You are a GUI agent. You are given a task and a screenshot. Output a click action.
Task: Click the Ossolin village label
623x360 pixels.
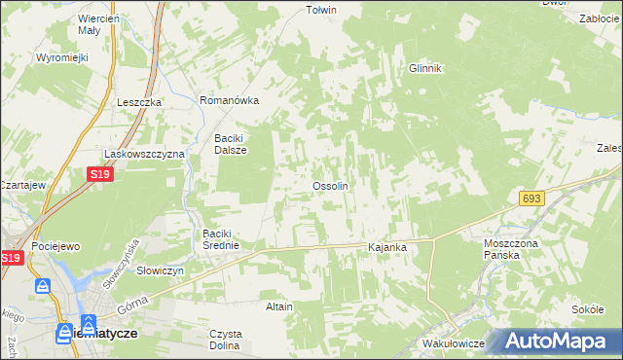pyautogui.click(x=329, y=185)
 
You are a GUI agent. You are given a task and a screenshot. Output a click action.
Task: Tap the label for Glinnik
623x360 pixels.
pyautogui.click(x=425, y=68)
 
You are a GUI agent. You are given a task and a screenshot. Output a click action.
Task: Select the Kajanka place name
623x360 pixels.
pyautogui.click(x=386, y=248)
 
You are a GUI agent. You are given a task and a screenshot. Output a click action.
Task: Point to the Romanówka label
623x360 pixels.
pyautogui.click(x=228, y=100)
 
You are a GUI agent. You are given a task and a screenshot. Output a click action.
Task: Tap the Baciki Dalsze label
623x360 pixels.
pyautogui.click(x=231, y=144)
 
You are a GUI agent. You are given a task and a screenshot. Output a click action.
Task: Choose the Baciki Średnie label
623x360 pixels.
pyautogui.click(x=228, y=239)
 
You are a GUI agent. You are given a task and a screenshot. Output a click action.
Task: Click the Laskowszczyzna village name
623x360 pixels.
pyautogui.click(x=145, y=154)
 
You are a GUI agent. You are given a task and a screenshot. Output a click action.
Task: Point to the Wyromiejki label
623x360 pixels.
pyautogui.click(x=62, y=57)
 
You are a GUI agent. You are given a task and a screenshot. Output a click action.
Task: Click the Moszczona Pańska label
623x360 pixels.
pyautogui.click(x=507, y=248)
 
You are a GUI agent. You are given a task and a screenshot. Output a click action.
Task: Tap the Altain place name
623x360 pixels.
pyautogui.click(x=279, y=306)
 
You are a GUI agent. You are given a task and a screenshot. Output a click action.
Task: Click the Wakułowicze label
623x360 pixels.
pyautogui.click(x=454, y=344)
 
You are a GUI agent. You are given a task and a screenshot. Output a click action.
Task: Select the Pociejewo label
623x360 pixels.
pyautogui.click(x=55, y=247)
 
